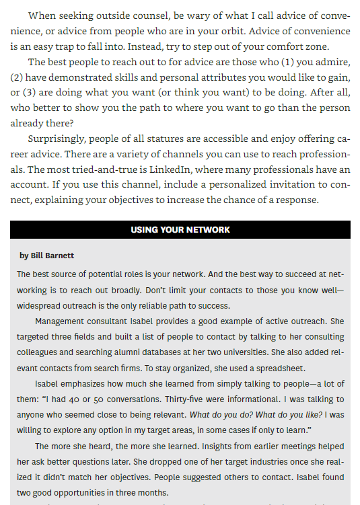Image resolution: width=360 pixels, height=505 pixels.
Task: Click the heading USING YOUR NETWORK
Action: click(x=180, y=229)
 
